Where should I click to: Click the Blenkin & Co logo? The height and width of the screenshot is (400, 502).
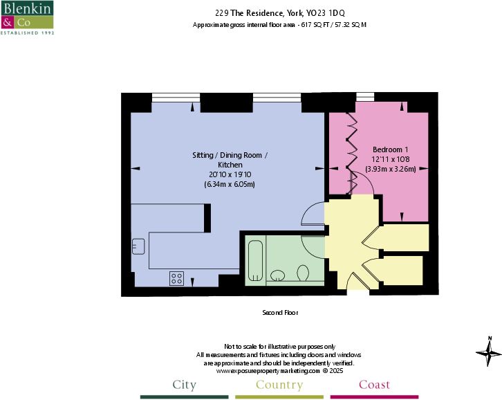[28, 18]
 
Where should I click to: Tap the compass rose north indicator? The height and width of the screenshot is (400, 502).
[489, 353]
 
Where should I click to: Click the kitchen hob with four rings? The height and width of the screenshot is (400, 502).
[177, 278]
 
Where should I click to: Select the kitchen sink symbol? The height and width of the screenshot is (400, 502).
[138, 246]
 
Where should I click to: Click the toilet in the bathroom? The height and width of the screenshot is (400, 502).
[302, 275]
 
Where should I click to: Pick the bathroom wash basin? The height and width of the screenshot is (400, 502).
[278, 275]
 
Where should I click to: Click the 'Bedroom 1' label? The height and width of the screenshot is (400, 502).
[391, 149]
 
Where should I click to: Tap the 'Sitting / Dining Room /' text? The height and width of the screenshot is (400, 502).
[230, 156]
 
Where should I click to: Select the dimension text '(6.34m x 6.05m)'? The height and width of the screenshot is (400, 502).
[230, 185]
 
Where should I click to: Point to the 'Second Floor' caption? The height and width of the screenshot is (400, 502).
[280, 313]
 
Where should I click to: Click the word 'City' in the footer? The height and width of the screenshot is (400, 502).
[184, 385]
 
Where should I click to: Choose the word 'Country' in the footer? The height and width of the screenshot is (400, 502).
[279, 385]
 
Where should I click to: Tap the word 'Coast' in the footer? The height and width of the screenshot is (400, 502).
[374, 385]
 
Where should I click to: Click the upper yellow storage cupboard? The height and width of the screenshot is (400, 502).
[405, 237]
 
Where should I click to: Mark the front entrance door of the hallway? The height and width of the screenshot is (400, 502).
[357, 284]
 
